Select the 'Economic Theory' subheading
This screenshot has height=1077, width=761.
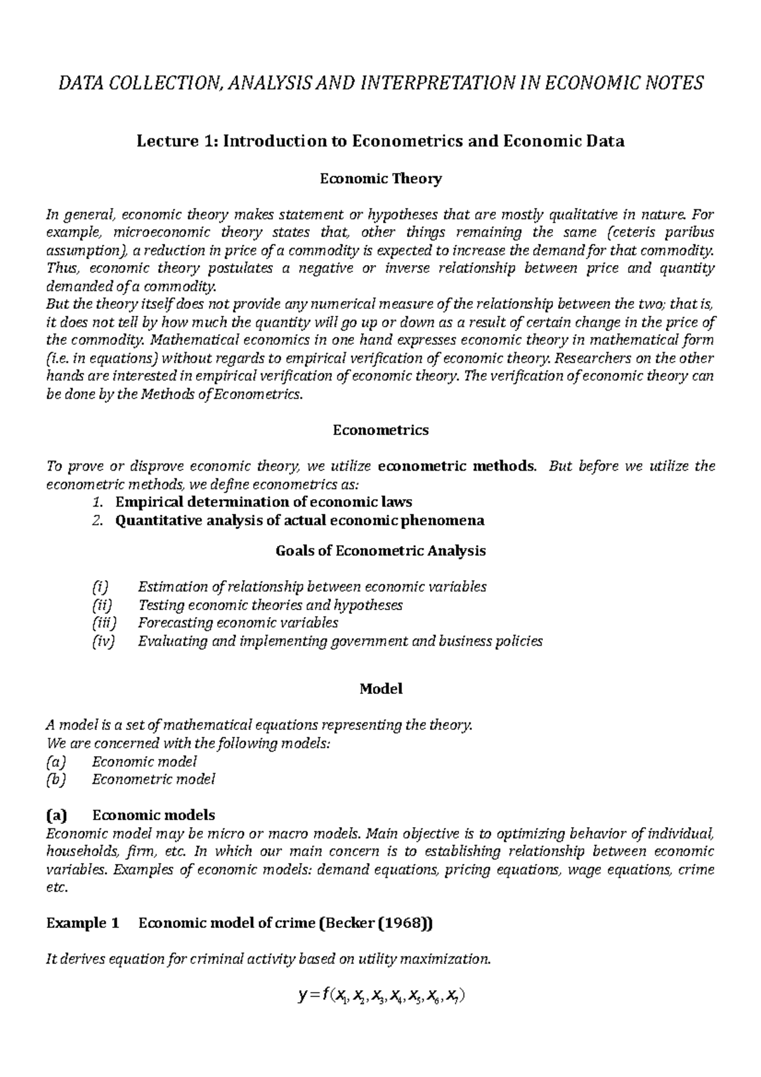pyautogui.click(x=380, y=179)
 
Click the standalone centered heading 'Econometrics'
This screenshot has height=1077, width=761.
pyautogui.click(x=380, y=430)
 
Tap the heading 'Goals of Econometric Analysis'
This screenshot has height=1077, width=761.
pyautogui.click(x=380, y=551)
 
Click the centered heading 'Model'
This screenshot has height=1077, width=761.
pyautogui.click(x=380, y=688)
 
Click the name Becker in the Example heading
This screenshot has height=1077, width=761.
pyautogui.click(x=348, y=924)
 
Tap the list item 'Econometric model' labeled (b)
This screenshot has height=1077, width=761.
pyautogui.click(x=153, y=779)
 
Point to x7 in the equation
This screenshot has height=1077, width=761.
pyautogui.click(x=452, y=998)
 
